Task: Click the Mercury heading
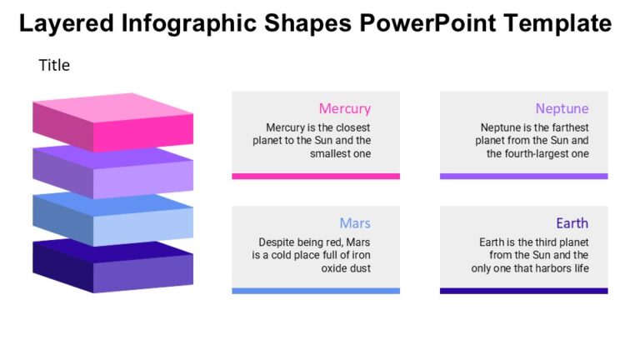[344, 108]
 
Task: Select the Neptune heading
[562, 108]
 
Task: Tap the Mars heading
[355, 223]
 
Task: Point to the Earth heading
[572, 223]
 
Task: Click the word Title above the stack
[54, 65]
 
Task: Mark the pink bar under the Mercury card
[315, 176]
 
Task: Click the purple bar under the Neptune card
[523, 176]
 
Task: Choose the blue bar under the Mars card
[315, 291]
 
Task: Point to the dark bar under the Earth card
[523, 291]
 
